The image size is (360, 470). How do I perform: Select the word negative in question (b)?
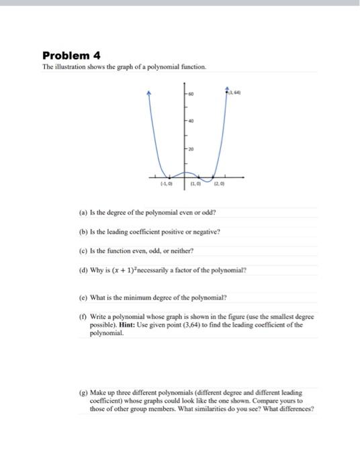pyautogui.click(x=206, y=232)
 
